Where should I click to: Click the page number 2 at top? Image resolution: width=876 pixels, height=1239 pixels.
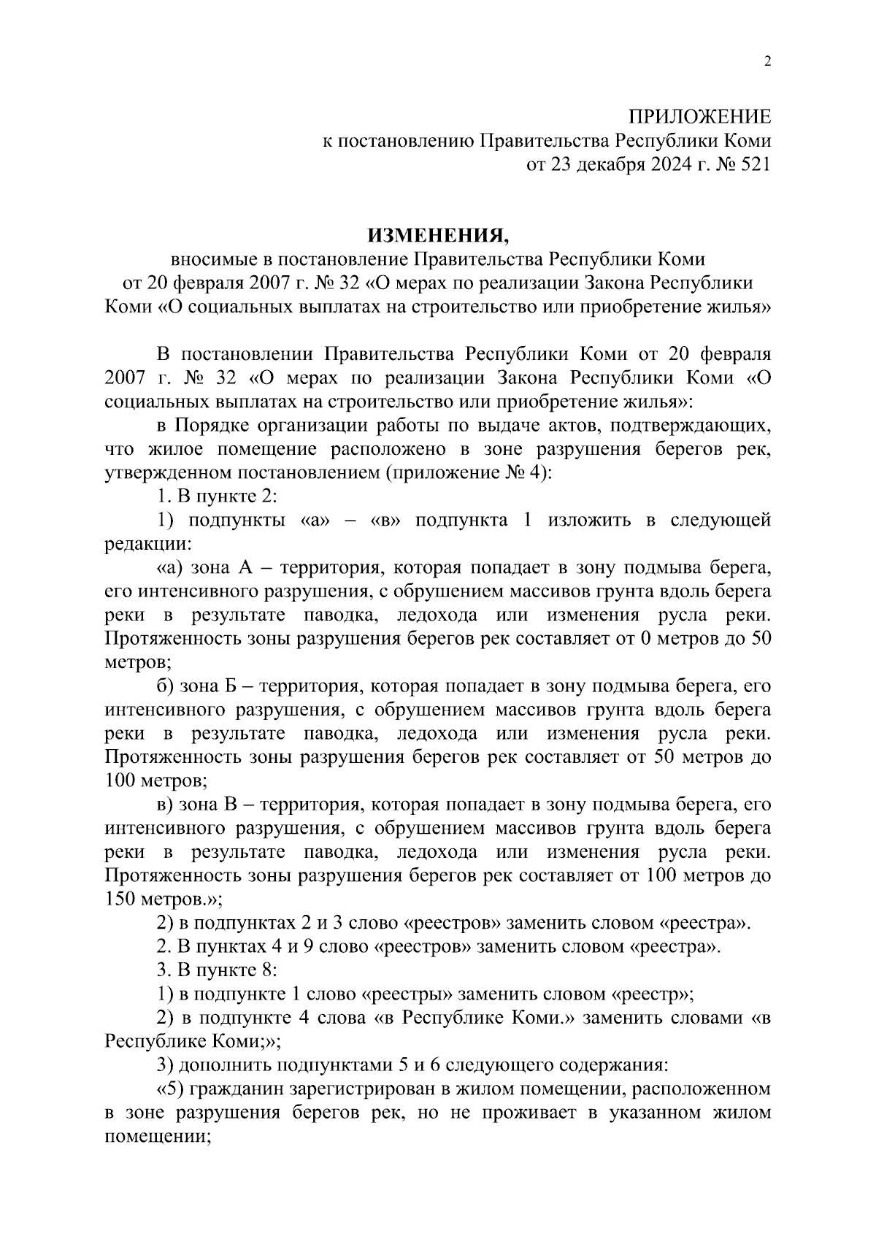coord(766,61)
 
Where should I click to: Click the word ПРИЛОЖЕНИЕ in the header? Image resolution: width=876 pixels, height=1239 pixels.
coord(699,117)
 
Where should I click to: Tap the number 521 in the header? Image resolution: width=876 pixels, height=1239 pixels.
coord(754,165)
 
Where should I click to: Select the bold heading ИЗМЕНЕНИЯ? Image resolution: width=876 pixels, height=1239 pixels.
coord(437,235)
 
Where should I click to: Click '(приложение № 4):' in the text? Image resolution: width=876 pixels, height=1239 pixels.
coord(469,472)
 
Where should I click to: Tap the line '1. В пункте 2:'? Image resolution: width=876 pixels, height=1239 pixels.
coord(218,496)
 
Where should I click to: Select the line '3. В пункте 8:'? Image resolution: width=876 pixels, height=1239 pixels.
coord(218,970)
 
